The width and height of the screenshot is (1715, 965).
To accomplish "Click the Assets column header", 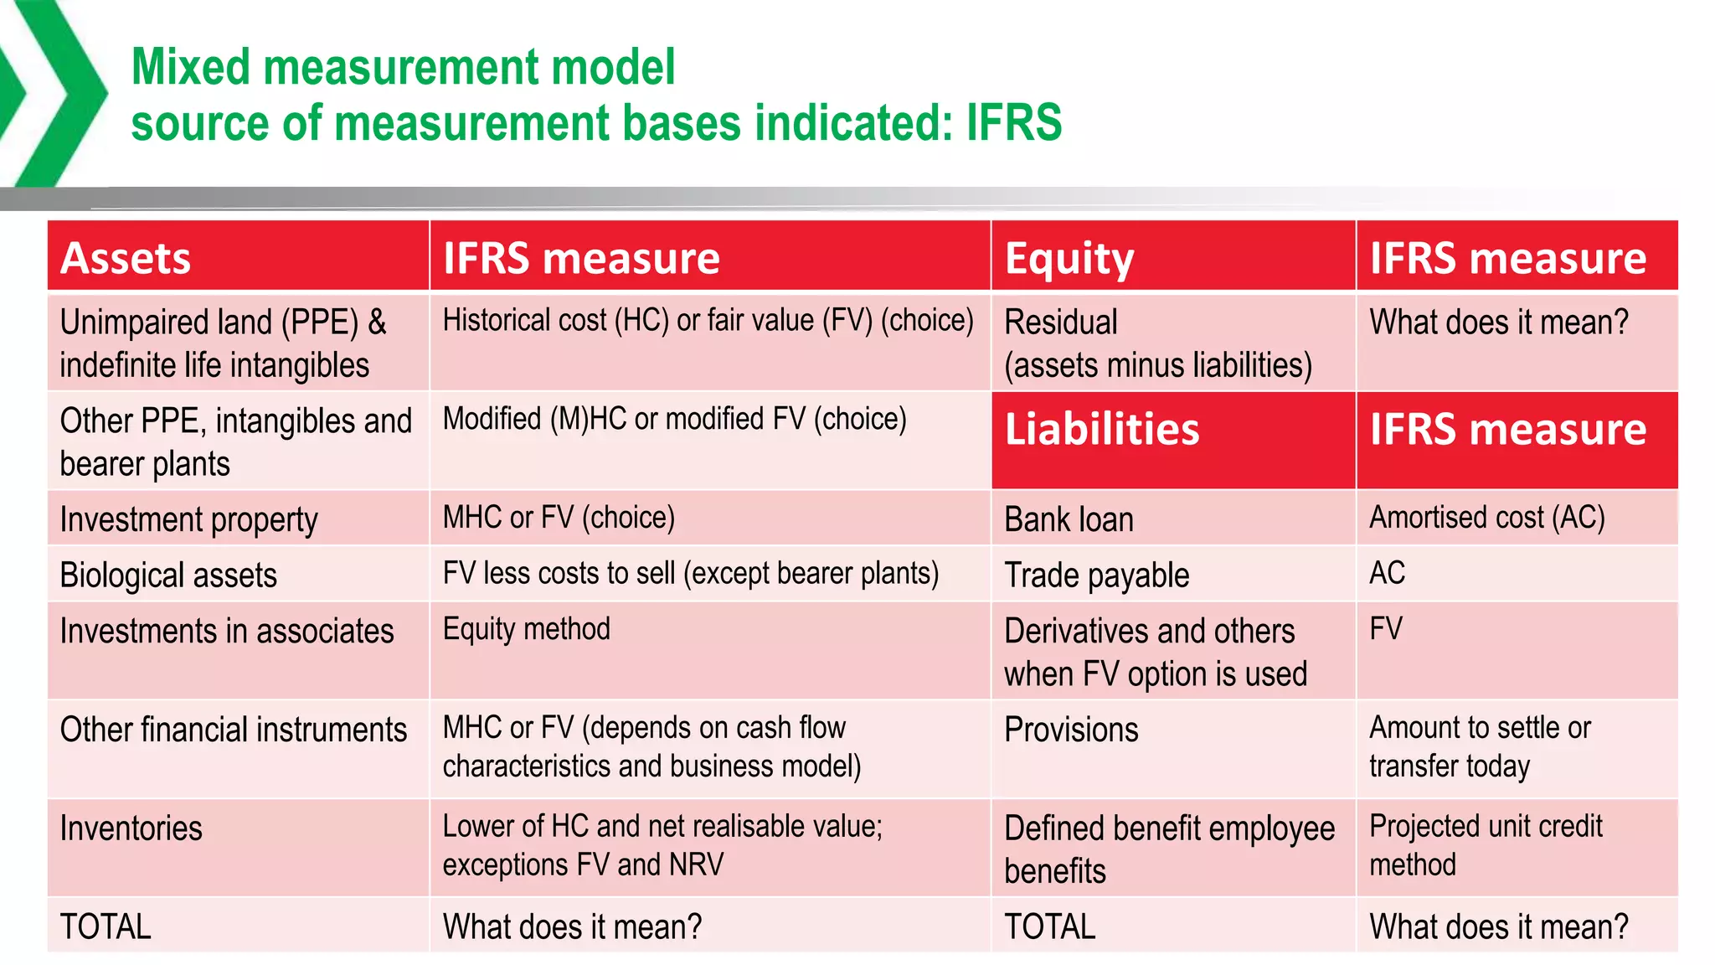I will (126, 258).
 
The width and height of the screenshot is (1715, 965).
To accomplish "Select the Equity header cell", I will (1069, 258).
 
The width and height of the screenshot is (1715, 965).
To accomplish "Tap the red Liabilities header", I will (1102, 430).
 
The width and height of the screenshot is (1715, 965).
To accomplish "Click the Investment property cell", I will (189, 519).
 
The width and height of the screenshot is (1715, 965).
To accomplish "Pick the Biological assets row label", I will (168, 575).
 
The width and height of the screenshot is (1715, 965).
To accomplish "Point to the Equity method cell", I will (527, 629).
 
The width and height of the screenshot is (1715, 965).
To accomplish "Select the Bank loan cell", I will (1069, 519).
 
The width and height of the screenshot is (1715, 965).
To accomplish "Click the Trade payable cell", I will (1097, 575).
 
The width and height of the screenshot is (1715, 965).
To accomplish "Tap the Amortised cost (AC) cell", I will (1487, 518).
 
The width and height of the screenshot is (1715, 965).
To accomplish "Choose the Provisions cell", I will (1072, 730).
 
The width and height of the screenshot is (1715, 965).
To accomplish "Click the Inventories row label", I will (131, 828).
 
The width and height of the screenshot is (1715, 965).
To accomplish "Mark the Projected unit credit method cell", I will (1486, 845).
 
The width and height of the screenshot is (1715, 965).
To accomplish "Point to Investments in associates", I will (227, 631).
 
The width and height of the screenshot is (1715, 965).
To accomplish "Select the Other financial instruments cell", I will (234, 730).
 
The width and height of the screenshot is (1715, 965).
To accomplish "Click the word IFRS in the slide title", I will (1014, 122).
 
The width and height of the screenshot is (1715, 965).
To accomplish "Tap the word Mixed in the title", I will (191, 67).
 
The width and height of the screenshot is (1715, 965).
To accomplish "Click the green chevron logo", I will (50, 92).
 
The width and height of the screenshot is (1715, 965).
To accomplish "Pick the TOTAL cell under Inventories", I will (106, 926).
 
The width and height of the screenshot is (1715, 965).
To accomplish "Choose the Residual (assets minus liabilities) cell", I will (1157, 343).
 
